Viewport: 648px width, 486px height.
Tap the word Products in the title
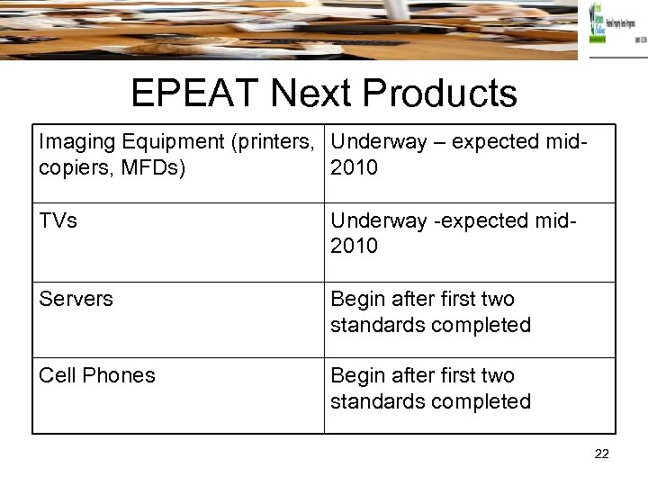pos(446,93)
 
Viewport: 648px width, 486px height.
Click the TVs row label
pos(58,220)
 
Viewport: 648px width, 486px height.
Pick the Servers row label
pos(76,299)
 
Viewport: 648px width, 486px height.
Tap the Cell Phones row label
pos(97,375)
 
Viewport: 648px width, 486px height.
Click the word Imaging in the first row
pos(75,142)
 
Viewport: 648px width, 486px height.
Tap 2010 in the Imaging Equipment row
pos(355,168)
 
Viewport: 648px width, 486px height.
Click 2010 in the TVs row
pos(355,246)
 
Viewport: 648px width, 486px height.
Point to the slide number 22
pos(601,454)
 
